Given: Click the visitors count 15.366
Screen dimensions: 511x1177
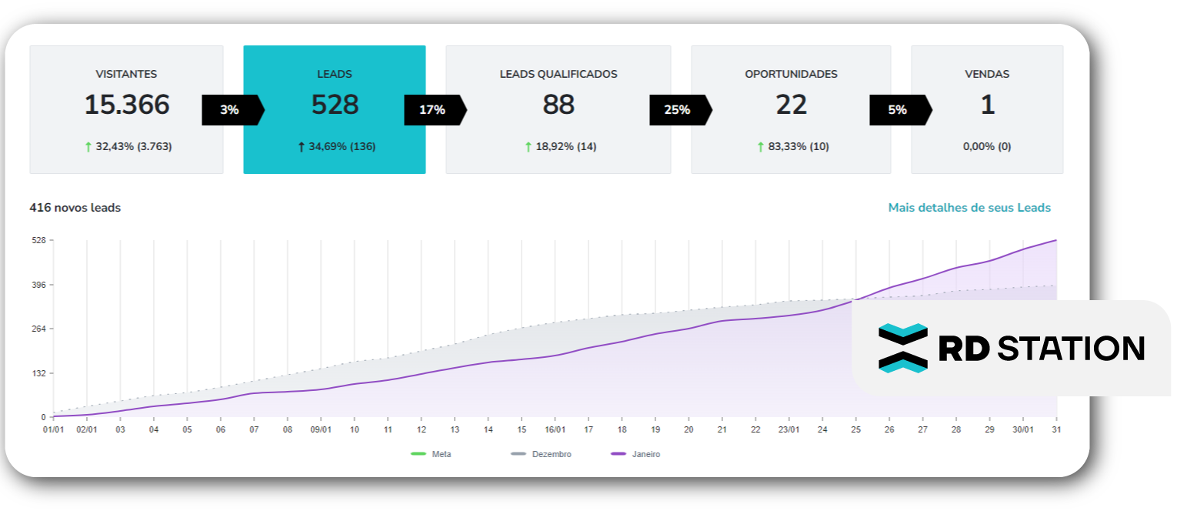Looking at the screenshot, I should point(127,105).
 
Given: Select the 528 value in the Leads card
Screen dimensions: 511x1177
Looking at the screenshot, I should point(335,105).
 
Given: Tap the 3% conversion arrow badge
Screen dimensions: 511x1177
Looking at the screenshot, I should point(230,110).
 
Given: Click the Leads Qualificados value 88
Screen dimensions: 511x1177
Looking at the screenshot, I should point(558,105).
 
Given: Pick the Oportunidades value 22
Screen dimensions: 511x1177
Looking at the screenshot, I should point(791,105).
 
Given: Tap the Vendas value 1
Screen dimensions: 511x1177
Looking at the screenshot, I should point(987,105).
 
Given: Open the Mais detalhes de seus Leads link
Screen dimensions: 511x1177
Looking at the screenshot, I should point(969,208).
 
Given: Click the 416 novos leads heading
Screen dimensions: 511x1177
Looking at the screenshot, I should point(75,208).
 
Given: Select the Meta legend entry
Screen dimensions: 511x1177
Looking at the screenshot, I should point(432,454).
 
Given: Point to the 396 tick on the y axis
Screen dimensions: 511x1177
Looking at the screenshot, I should point(38,285).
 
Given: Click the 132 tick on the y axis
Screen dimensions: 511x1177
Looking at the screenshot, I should point(38,373).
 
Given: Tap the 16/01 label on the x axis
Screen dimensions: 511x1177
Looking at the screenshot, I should point(555,429).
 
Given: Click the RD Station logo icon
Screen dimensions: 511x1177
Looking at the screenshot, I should point(902,348).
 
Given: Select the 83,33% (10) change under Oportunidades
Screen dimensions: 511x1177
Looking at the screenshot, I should point(798,146).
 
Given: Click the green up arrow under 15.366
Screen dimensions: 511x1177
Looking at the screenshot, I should point(88,146).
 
